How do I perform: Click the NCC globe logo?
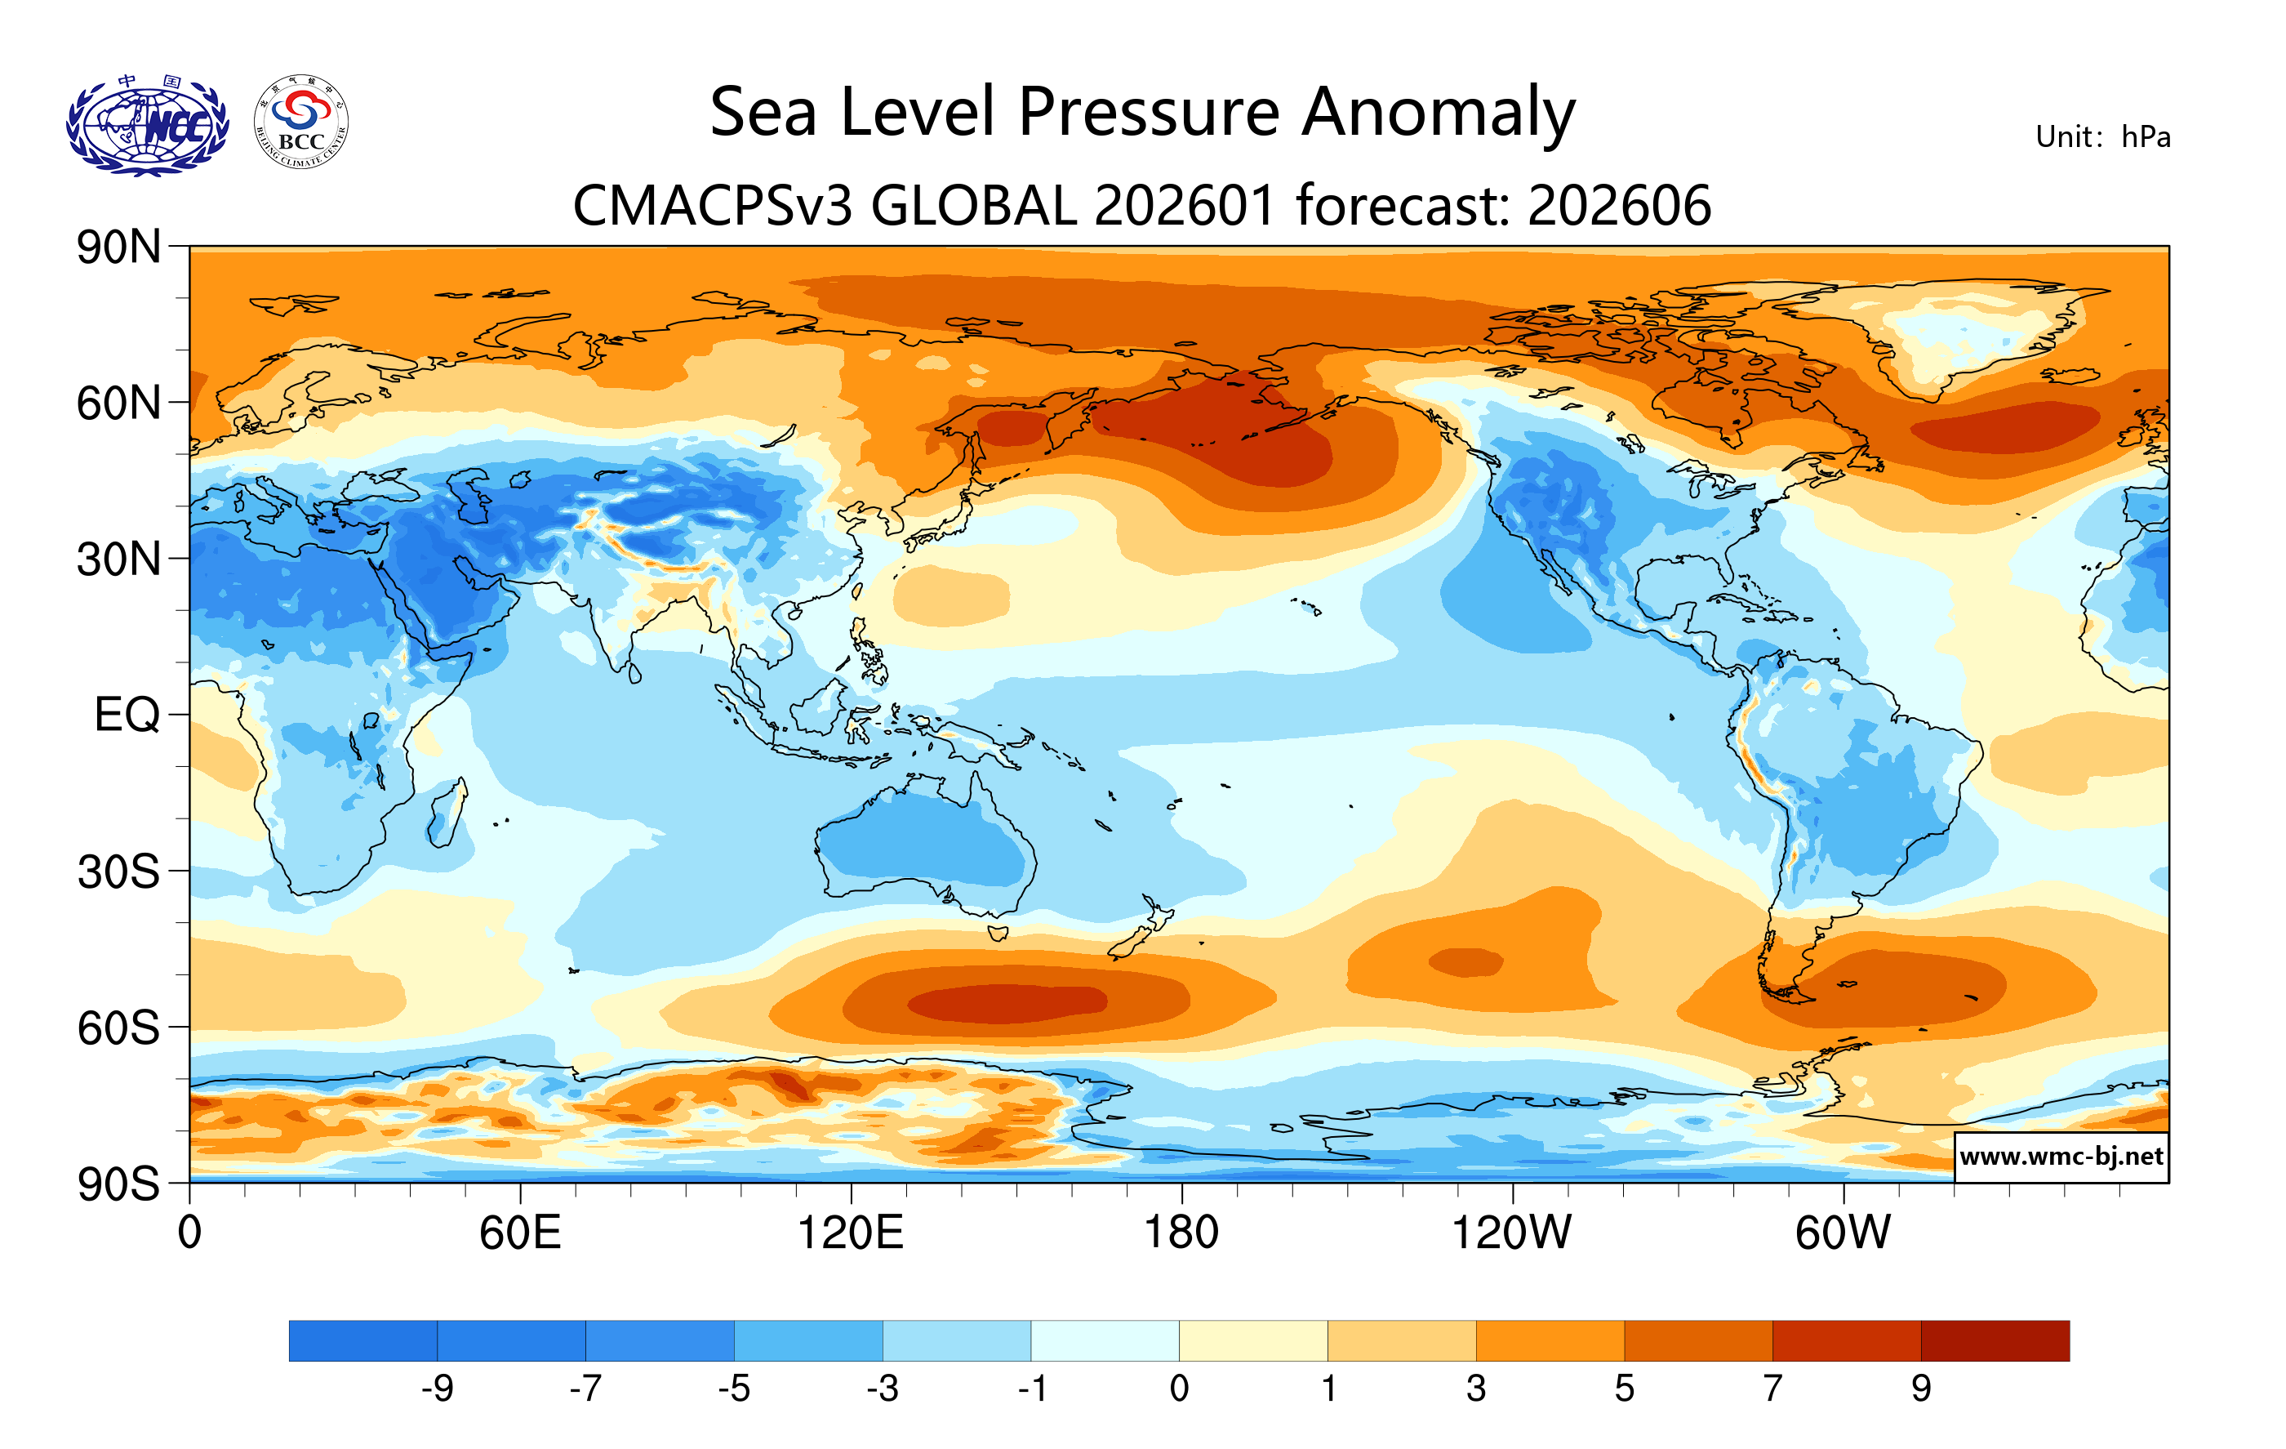coord(147,124)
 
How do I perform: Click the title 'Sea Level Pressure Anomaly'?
coord(1142,112)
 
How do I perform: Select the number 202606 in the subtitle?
coord(1619,206)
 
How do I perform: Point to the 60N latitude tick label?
coord(118,403)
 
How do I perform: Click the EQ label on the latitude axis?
coord(127,715)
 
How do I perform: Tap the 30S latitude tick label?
coord(118,872)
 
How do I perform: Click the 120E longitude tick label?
coord(850,1233)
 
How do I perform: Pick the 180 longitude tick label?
coord(1181,1233)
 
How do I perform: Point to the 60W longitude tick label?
coord(1843,1233)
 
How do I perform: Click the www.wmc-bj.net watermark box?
coord(2061,1157)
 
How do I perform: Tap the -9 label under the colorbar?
coord(437,1389)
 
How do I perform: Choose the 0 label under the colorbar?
coord(1179,1389)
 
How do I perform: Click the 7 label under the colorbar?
coord(1772,1389)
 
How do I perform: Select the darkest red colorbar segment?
coord(1995,1340)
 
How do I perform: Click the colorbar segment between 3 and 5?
coord(1550,1340)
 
